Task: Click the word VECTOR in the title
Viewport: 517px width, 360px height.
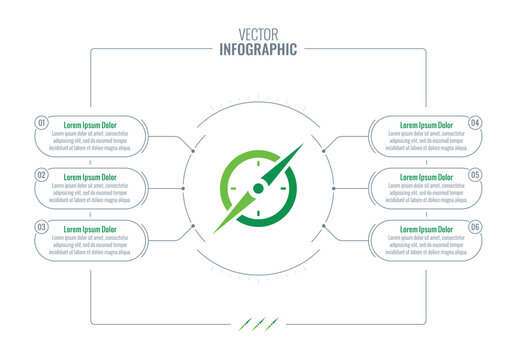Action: [258, 31]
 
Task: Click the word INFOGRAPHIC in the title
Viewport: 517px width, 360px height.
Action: [258, 48]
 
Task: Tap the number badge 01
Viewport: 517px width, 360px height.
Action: [42, 122]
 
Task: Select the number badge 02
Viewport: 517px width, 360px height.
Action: [42, 174]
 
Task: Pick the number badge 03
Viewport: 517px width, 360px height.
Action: [42, 227]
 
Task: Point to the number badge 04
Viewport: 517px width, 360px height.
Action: [475, 122]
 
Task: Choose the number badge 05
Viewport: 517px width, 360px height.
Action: [475, 174]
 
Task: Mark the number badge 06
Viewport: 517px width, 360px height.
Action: [475, 227]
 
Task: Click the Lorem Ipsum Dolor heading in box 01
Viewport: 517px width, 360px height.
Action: [90, 125]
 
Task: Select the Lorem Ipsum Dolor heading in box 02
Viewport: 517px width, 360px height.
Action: [90, 177]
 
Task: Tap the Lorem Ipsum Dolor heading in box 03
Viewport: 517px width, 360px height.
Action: [90, 230]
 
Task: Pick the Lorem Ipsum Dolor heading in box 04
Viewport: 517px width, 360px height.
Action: [427, 125]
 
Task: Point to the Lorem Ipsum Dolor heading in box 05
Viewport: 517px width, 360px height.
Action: [427, 177]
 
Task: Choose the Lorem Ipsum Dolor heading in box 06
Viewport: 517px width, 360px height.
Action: [427, 230]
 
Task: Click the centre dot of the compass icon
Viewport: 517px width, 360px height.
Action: [258, 187]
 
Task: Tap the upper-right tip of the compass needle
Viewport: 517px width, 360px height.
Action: [300, 146]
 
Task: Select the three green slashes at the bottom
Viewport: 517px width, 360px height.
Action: [258, 322]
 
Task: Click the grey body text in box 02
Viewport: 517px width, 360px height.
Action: [90, 193]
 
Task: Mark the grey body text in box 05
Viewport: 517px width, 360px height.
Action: [427, 193]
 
